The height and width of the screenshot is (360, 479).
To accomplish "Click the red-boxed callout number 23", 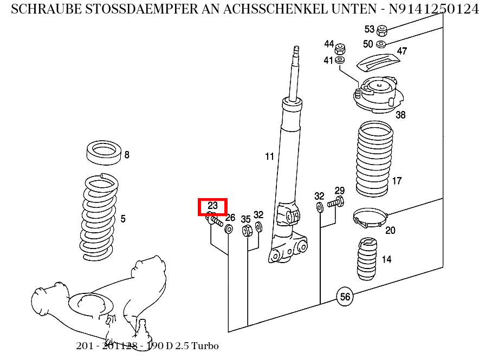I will [212, 206].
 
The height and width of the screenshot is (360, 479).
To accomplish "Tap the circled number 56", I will [345, 296].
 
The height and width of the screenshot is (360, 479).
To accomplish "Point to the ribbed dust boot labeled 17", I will [373, 160].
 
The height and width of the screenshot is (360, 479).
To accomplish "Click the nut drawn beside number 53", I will [381, 30].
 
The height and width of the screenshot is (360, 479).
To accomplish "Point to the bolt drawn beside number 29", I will [334, 203].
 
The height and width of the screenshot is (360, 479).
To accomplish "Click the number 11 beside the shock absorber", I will [269, 157].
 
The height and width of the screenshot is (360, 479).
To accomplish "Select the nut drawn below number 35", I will [247, 231].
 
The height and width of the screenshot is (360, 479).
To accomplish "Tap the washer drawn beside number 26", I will [229, 230].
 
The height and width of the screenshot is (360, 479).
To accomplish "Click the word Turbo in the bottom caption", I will [206, 346].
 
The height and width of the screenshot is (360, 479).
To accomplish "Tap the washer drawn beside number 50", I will [381, 43].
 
